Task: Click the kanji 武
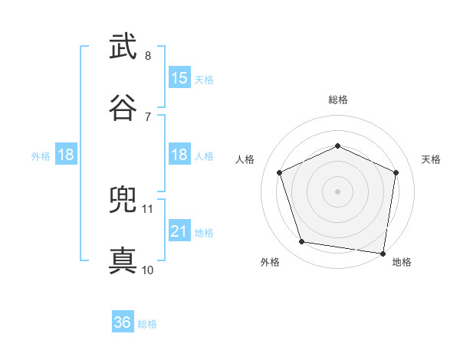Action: click(123, 47)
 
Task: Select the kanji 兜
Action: click(123, 201)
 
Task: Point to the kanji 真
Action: click(123, 260)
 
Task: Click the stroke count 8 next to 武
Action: click(148, 56)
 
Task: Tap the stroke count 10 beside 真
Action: click(148, 269)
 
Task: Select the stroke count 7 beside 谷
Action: click(148, 116)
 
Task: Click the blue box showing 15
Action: click(179, 78)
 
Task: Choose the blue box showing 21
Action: click(179, 231)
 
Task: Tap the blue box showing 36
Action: click(123, 322)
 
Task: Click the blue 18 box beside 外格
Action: click(66, 155)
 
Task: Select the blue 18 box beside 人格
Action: click(179, 155)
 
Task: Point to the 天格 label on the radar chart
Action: click(431, 159)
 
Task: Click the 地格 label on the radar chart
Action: click(402, 262)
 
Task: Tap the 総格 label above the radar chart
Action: click(338, 100)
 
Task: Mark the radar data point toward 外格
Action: click(302, 242)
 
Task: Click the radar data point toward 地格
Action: click(383, 253)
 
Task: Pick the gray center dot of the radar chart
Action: click(338, 191)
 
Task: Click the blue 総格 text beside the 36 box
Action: click(147, 324)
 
